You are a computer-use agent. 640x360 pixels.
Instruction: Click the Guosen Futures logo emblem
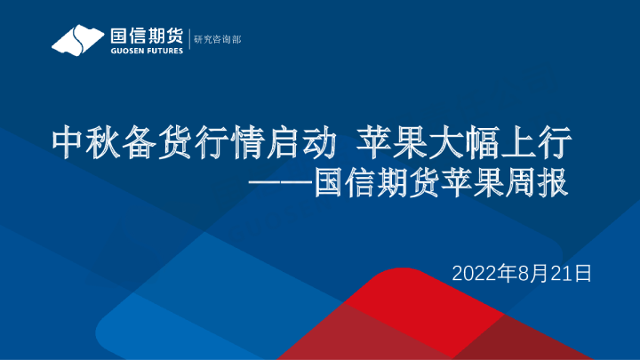[79, 40]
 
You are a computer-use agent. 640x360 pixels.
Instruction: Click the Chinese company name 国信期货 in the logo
[146, 36]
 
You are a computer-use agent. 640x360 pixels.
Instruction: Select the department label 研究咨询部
[219, 40]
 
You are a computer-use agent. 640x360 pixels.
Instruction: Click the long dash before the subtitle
[282, 186]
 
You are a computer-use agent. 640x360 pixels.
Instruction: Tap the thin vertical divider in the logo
[188, 40]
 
